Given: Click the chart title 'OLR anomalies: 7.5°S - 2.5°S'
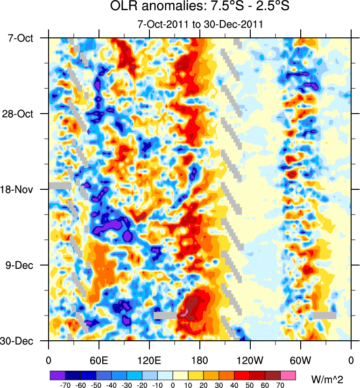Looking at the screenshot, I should point(200,7).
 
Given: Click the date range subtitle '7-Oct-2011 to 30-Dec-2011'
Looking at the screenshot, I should point(200,24).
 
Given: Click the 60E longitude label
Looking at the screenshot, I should point(99,360).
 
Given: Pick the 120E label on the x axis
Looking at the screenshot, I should point(149,360).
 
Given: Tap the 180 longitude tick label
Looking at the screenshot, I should point(200,360).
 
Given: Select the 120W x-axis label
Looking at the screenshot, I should point(250,360).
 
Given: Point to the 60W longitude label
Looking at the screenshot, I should point(300,360).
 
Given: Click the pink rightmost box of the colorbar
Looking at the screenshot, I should point(288,375).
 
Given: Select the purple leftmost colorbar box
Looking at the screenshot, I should point(57,375).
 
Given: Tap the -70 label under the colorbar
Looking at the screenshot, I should point(65,385).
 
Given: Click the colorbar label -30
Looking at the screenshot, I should point(127,385).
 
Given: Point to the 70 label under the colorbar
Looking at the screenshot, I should point(281,385).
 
